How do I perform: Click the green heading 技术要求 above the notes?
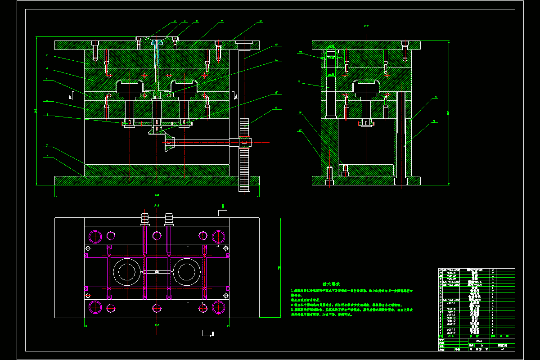point(331,284)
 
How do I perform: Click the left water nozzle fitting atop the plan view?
point(144,219)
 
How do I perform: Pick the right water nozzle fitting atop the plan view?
point(169,219)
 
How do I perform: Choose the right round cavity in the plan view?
point(186,272)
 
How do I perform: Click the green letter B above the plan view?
point(222,207)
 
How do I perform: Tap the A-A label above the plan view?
point(157,205)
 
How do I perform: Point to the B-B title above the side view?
point(366,26)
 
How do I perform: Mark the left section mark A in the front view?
point(70,96)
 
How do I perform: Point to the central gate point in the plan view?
point(156,272)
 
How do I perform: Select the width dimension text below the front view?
point(157,195)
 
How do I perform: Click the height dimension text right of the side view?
point(448,112)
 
